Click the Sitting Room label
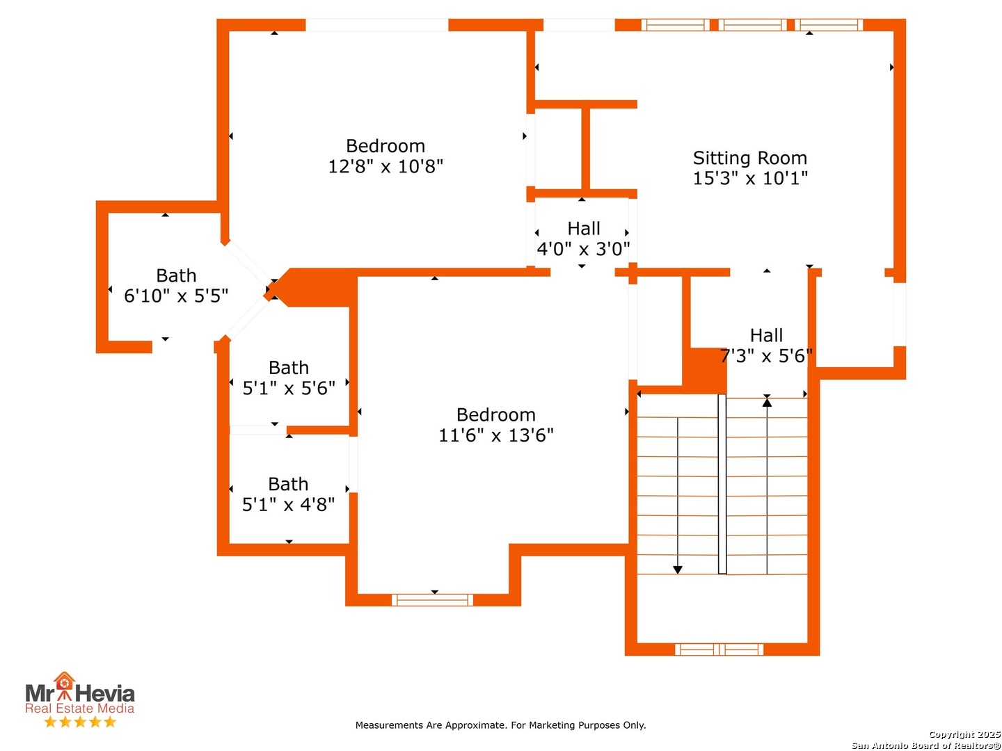749,158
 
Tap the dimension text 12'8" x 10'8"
385,166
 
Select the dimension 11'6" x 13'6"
495,435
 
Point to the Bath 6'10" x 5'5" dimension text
176,296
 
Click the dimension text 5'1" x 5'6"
289,388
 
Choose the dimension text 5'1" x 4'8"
288,505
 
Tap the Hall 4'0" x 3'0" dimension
583,249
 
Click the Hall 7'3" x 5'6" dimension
766,355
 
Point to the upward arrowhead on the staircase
767,402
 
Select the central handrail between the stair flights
722,484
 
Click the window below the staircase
719,649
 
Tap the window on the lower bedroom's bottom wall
432,599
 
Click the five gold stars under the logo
80,722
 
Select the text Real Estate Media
79,708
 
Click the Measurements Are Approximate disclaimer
500,725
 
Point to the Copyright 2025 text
964,734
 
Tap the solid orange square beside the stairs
704,371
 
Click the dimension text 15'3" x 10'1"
750,178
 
